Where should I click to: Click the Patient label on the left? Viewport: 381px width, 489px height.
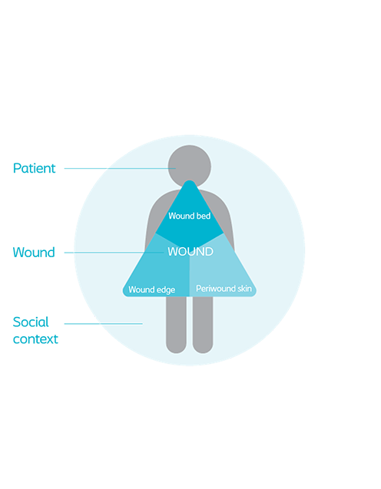pos(34,168)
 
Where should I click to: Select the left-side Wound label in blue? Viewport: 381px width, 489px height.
pos(34,253)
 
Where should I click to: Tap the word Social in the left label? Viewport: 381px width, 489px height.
pos(31,322)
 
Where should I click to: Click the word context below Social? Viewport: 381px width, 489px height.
pos(35,339)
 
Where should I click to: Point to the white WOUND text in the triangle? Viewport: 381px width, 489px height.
pos(190,251)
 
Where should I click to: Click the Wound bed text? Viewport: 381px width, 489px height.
pos(190,216)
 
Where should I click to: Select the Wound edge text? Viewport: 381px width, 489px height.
pos(151,289)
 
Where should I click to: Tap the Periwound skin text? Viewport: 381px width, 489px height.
pos(224,289)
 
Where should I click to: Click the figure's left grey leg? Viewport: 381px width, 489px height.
pos(176,325)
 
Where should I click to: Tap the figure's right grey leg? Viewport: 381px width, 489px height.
pos(203,325)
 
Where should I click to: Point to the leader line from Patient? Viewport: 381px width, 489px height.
pos(120,168)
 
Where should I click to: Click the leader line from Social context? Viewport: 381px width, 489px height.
pos(104,324)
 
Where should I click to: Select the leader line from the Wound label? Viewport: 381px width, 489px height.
pos(114,253)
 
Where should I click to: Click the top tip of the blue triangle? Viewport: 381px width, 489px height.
pos(190,180)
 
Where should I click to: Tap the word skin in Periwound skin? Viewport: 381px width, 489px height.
pos(244,289)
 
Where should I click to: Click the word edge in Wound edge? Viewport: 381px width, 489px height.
pos(166,290)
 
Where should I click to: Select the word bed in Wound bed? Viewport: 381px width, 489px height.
pos(203,216)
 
